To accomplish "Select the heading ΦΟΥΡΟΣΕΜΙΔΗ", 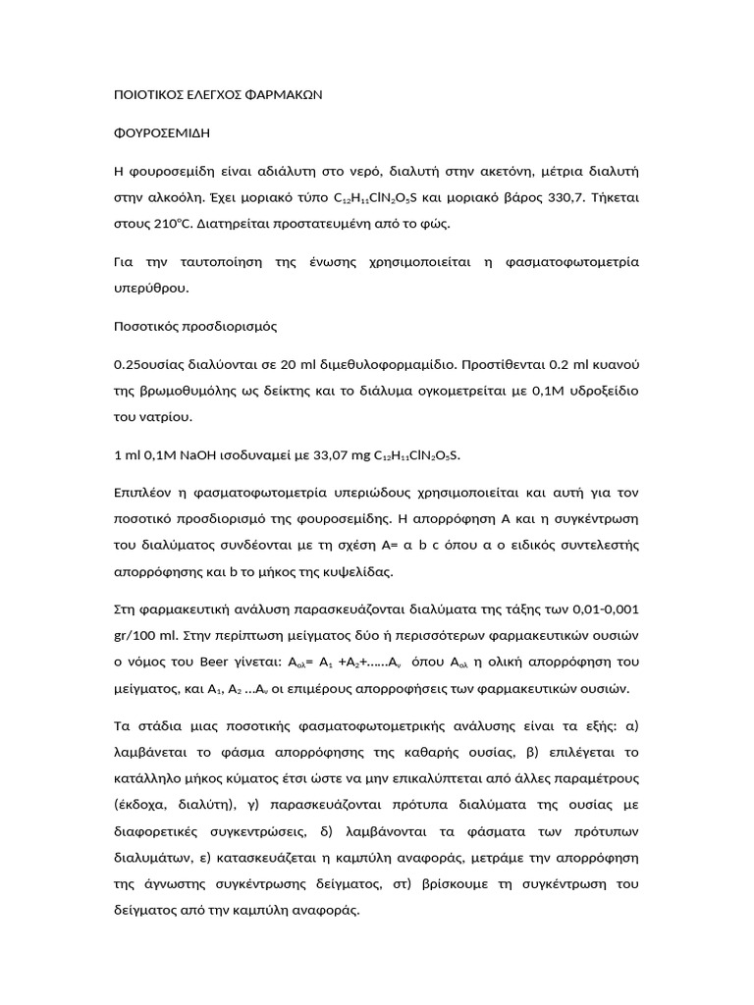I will (x=162, y=131).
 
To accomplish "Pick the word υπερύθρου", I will (x=152, y=289).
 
